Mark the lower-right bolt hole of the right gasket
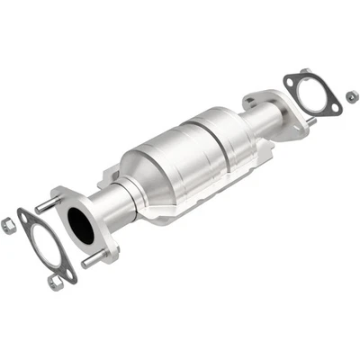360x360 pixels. (319, 110)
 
